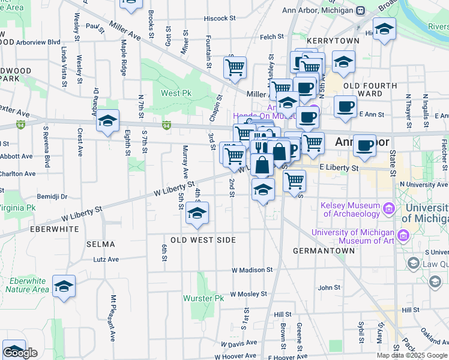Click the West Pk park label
coord(176,93)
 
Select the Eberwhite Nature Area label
coord(27,285)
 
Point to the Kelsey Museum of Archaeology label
coord(351,209)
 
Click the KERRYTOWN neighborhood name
coord(333,41)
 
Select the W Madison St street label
coord(252,271)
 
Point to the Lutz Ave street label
coord(106,260)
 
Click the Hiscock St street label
coord(217,19)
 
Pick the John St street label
coord(329,288)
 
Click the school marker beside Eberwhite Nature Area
coord(64,287)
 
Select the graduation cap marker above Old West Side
coord(197,213)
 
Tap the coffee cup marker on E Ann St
coord(345,106)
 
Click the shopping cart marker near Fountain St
coord(235,67)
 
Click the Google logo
coord(20,353)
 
